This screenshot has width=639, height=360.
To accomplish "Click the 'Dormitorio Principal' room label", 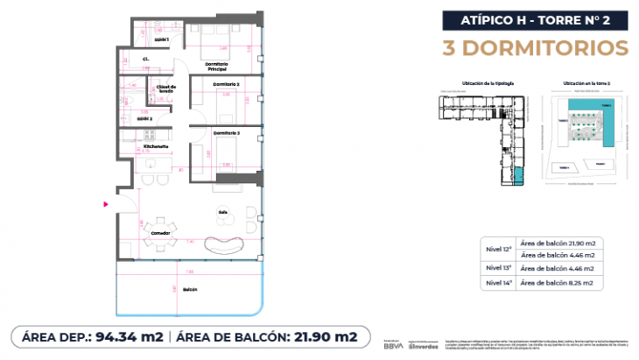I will pyautogui.click(x=216, y=66).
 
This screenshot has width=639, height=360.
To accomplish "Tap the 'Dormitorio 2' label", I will pyautogui.click(x=227, y=84).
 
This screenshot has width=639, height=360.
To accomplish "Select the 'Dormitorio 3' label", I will pyautogui.click(x=227, y=132).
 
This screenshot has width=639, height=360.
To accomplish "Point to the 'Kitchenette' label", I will pyautogui.click(x=144, y=146).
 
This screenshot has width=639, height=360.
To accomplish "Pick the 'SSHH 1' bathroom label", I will pyautogui.click(x=161, y=39).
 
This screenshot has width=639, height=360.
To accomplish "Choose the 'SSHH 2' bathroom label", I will pyautogui.click(x=145, y=118).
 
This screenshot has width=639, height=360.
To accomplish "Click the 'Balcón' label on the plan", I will pyautogui.click(x=191, y=289).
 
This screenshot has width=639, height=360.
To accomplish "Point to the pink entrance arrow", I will pyautogui.click(x=106, y=204).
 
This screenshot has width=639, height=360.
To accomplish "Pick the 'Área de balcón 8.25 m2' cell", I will pyautogui.click(x=557, y=284).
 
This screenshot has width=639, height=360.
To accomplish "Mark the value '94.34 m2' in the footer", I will pyautogui.click(x=130, y=336).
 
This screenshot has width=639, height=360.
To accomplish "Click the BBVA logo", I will pyautogui.click(x=396, y=347).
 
